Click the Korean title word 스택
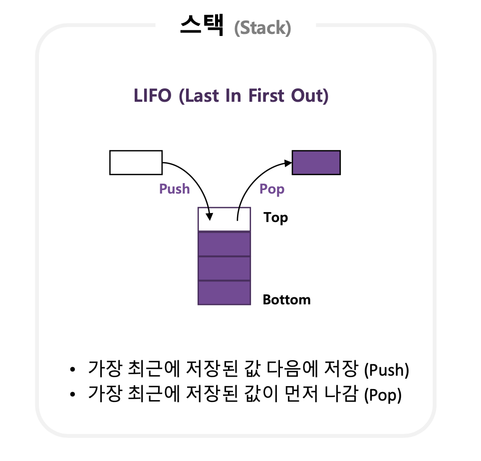pyautogui.click(x=202, y=25)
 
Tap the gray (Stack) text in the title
pyautogui.click(x=262, y=28)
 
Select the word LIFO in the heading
pyautogui.click(x=153, y=95)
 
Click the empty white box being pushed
pyautogui.click(x=136, y=163)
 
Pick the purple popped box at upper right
pyautogui.click(x=316, y=163)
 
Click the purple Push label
pyautogui.click(x=175, y=189)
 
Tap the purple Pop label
pyautogui.click(x=272, y=189)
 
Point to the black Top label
pyautogui.click(x=276, y=218)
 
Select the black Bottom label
pyautogui.click(x=286, y=300)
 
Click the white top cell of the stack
pyautogui.click(x=224, y=220)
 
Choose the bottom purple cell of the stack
pyautogui.click(x=224, y=292)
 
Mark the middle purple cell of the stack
pyautogui.click(x=224, y=268)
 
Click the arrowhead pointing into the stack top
pyautogui.click(x=210, y=217)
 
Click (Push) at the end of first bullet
pyautogui.click(x=387, y=371)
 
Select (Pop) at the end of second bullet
pyautogui.click(x=383, y=396)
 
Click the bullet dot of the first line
pyautogui.click(x=73, y=370)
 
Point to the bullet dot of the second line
pyautogui.click(x=73, y=395)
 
